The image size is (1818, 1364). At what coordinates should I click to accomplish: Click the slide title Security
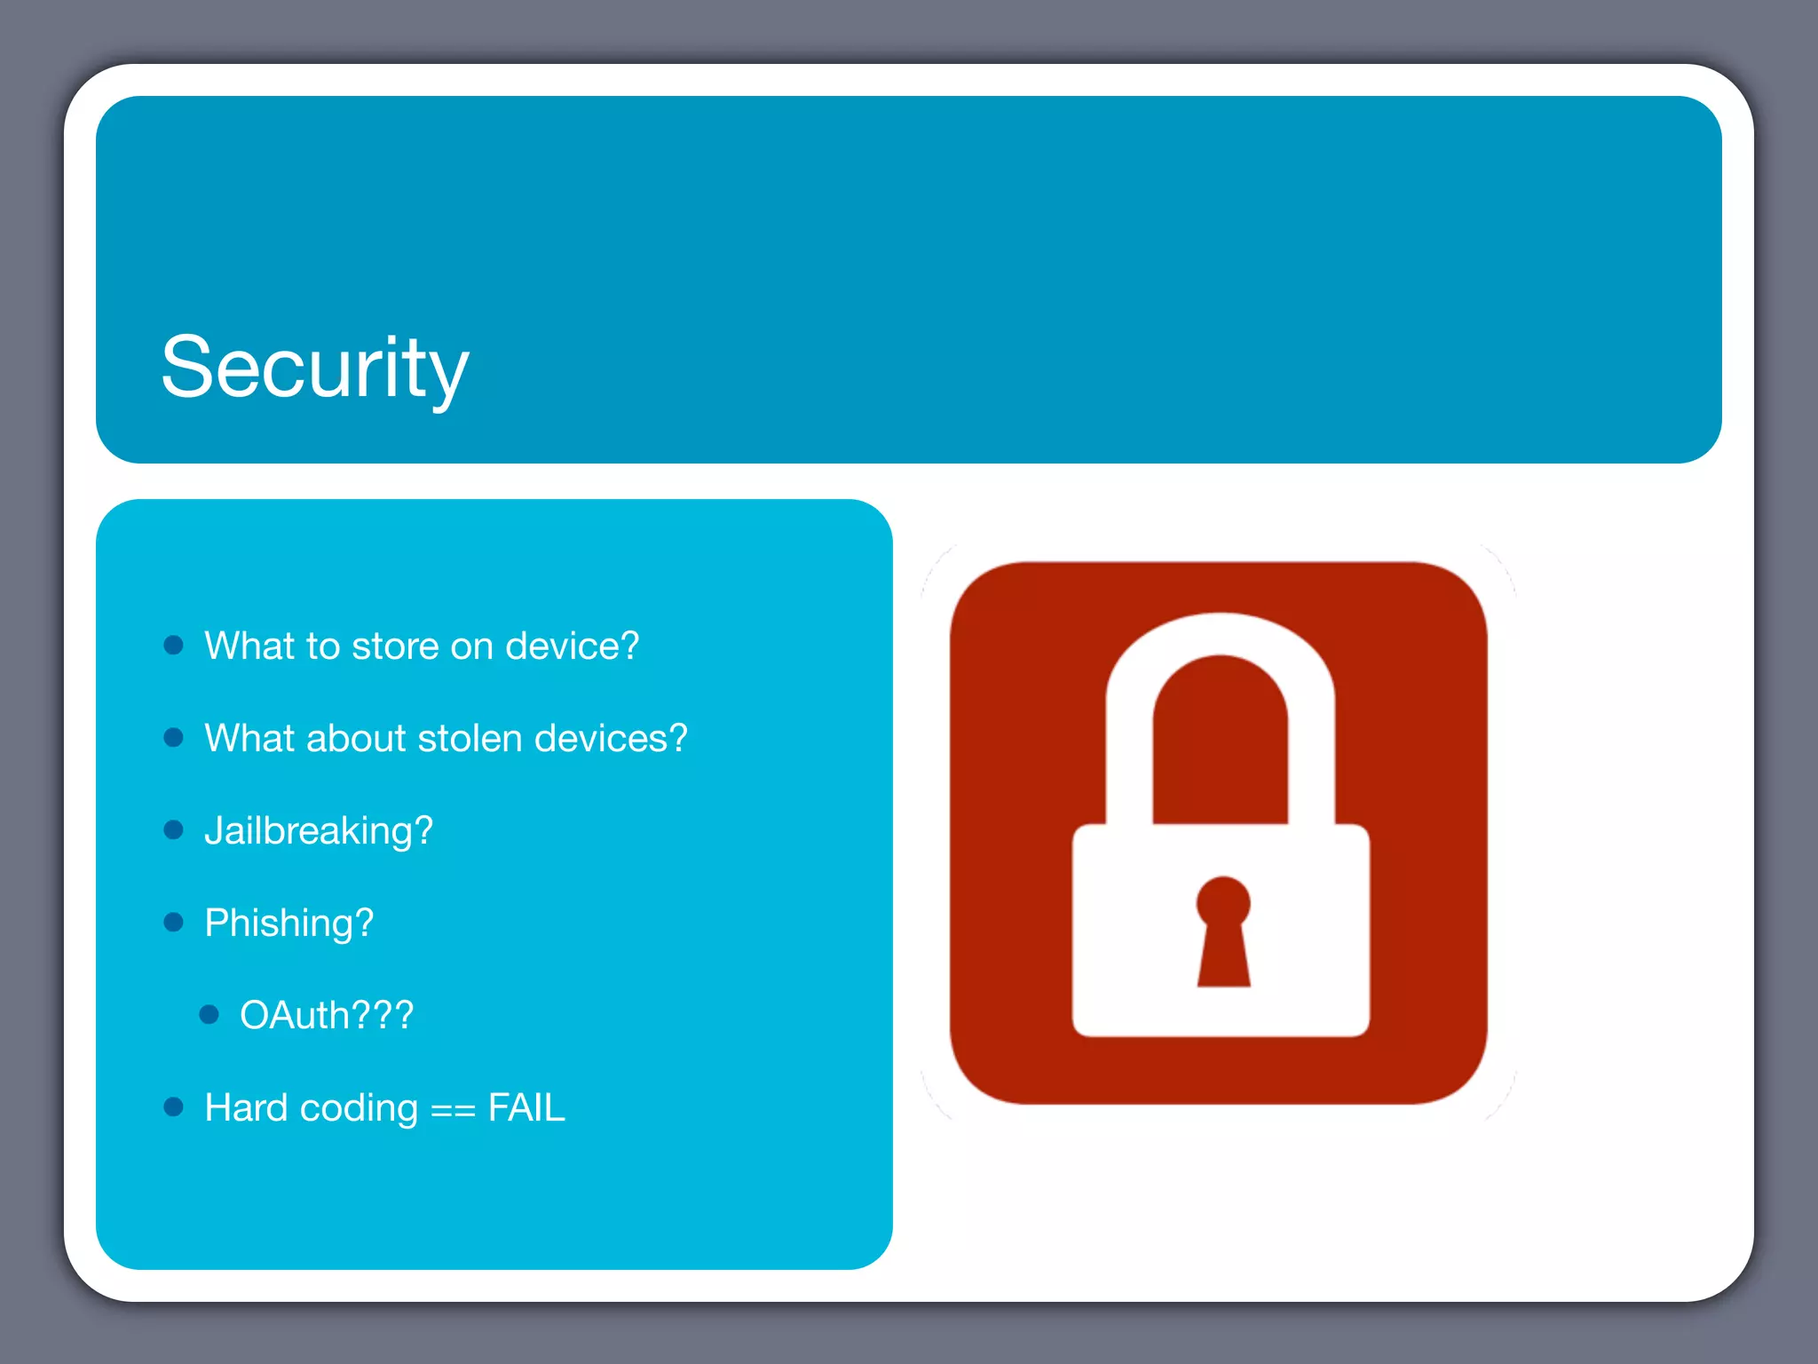[x=314, y=368]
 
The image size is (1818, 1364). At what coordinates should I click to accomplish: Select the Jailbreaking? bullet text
[x=319, y=831]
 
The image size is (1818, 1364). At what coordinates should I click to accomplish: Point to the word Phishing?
[x=289, y=924]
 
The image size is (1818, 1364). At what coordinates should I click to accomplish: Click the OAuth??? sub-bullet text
[x=327, y=1016]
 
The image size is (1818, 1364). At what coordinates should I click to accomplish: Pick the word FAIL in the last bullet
[x=526, y=1108]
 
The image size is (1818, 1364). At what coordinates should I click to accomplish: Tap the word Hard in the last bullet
[x=247, y=1108]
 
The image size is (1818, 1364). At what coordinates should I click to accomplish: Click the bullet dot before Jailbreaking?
[x=174, y=829]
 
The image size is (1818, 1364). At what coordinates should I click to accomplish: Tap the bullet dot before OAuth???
[x=209, y=1014]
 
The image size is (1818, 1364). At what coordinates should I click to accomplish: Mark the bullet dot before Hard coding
[x=174, y=1106]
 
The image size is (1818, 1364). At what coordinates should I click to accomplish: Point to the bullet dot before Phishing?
[x=174, y=922]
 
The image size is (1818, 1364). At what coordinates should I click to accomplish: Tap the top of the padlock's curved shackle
[x=1221, y=633]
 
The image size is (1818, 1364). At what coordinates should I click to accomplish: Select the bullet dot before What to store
[x=174, y=645]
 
